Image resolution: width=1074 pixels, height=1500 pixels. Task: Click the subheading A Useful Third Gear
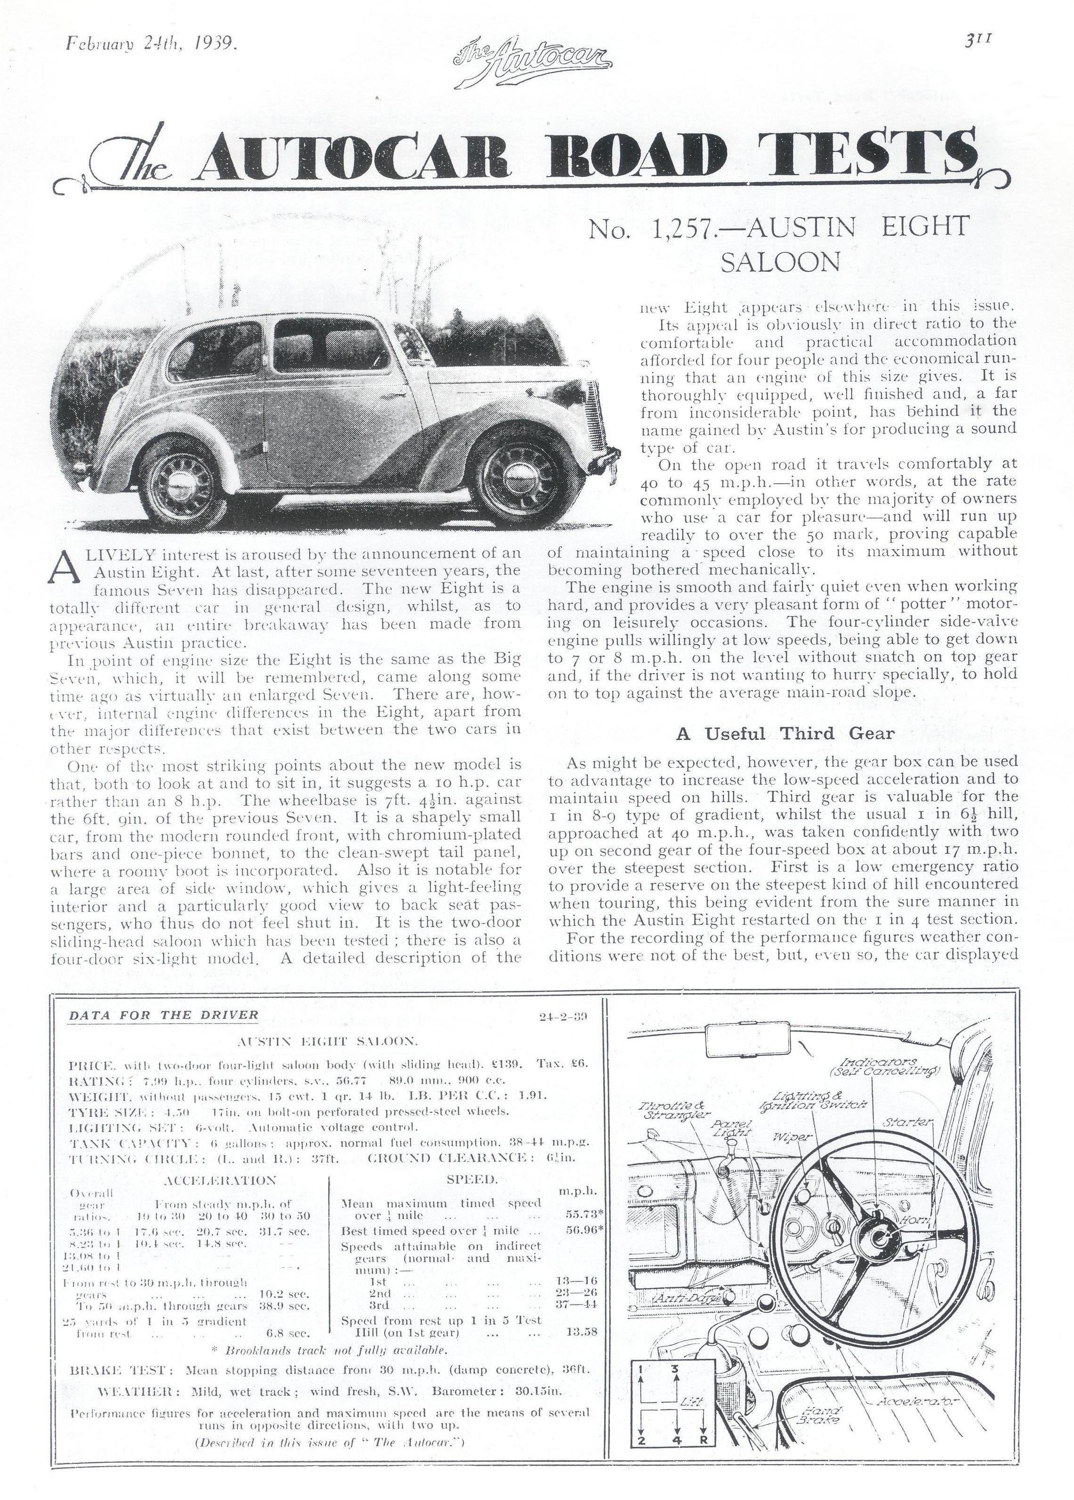tap(784, 733)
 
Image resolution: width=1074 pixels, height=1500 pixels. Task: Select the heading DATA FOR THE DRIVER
tap(163, 1014)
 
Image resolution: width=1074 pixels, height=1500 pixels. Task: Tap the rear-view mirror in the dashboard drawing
tap(747, 1043)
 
